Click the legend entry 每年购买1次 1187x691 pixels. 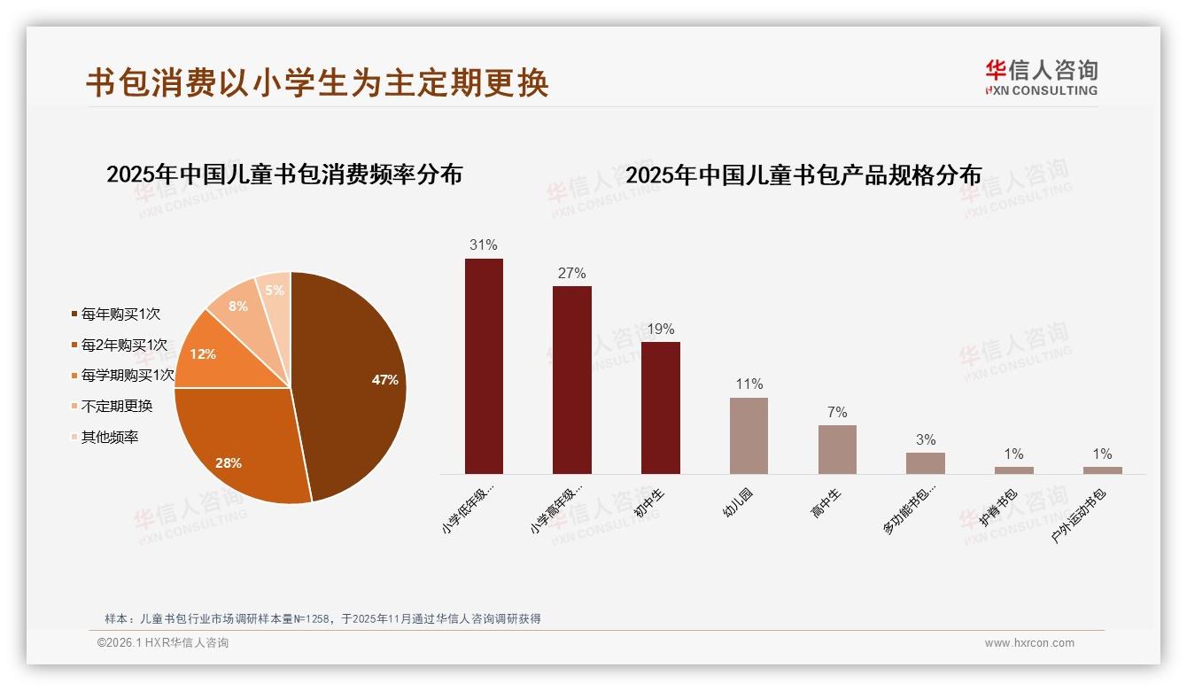120,314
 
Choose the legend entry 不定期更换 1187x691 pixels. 117,407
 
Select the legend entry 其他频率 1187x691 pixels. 110,438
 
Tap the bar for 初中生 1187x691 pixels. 660,408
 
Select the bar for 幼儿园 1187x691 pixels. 749,435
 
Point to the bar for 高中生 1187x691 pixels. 837,449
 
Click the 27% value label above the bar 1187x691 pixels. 571,274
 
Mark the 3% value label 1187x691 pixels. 926,440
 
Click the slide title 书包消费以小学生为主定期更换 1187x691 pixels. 317,82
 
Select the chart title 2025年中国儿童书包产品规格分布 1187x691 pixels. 803,175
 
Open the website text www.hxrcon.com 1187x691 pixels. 1029,643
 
